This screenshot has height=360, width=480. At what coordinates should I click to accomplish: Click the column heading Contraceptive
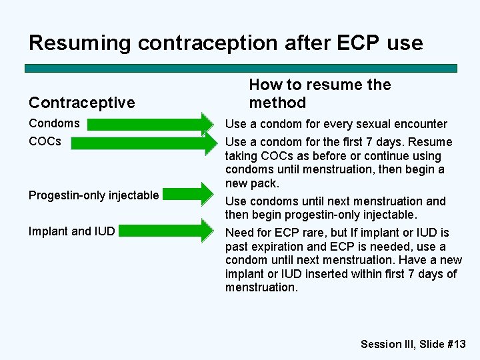pos(81,103)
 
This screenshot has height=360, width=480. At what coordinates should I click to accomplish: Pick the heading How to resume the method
pos(319,94)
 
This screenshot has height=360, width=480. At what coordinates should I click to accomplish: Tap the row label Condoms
pos(54,123)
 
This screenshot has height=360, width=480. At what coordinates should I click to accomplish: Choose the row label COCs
pos(45,141)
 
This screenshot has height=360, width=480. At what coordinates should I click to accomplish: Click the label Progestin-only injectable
pos(93,195)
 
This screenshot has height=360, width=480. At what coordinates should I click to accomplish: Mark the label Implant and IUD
pos(71,231)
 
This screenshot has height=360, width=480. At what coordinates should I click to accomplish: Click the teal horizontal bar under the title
pos(241,68)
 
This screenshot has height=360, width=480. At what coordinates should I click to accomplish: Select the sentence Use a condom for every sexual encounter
pos(336,124)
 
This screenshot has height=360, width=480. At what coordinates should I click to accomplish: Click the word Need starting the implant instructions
pos(239,233)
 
